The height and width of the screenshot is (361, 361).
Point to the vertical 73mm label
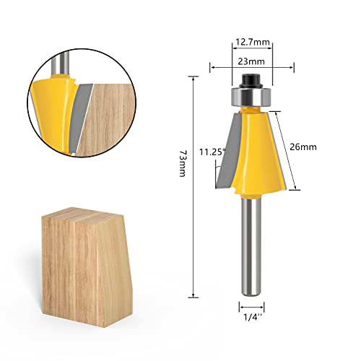coord(183,188)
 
